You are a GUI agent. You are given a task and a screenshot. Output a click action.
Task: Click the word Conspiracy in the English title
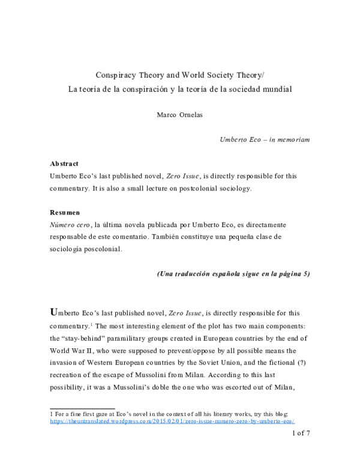pos(118,76)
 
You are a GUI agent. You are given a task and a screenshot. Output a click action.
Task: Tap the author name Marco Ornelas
pos(179,115)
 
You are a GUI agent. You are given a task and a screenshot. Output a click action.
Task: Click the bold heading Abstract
pos(64,163)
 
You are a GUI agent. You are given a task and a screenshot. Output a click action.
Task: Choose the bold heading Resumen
pos(64,213)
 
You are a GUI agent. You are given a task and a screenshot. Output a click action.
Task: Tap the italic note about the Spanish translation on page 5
pos(233,274)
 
